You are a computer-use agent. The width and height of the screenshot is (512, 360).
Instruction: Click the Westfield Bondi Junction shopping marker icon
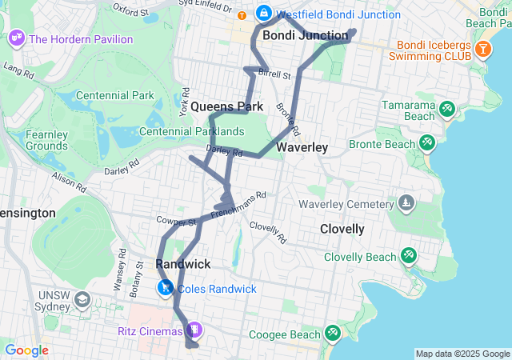click(x=264, y=14)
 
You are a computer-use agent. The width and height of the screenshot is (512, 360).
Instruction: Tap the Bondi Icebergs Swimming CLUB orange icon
click(x=482, y=50)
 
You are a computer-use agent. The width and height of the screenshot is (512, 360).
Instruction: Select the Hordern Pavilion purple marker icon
click(x=15, y=38)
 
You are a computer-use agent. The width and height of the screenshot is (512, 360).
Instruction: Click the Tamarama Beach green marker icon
click(x=446, y=108)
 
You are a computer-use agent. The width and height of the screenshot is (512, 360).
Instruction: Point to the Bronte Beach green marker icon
click(x=427, y=144)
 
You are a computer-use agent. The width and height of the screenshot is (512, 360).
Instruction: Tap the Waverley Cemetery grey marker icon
click(x=408, y=202)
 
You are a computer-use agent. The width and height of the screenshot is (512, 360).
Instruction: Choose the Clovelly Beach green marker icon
click(x=409, y=256)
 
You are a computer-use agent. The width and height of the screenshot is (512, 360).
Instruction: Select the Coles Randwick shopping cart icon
click(x=165, y=288)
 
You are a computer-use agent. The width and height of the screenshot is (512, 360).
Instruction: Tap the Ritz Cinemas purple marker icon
click(x=194, y=330)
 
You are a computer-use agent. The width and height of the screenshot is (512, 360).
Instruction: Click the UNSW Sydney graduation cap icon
click(x=82, y=299)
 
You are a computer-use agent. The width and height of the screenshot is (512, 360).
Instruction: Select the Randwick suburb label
click(x=183, y=264)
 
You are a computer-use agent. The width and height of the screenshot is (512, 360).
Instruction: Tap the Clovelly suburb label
click(x=342, y=230)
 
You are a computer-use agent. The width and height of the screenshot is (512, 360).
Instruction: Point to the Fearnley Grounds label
click(x=46, y=140)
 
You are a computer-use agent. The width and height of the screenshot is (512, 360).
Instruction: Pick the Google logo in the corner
click(x=26, y=350)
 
